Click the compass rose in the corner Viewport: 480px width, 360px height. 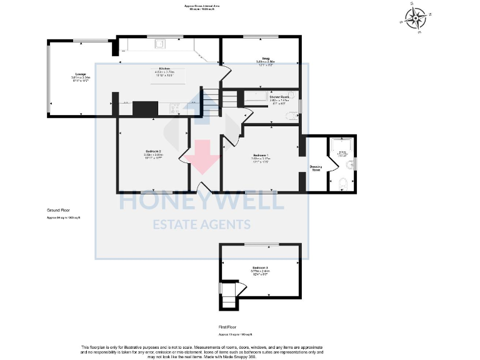(x=415, y=17)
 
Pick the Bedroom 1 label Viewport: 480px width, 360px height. (x=261, y=156)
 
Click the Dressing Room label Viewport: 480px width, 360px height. (x=316, y=168)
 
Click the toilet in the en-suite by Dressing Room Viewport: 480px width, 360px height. (x=341, y=183)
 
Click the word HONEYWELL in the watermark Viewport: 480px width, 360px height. (x=202, y=201)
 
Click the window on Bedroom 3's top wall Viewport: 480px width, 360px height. (x=256, y=244)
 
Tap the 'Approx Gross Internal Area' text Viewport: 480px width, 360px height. (x=202, y=6)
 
